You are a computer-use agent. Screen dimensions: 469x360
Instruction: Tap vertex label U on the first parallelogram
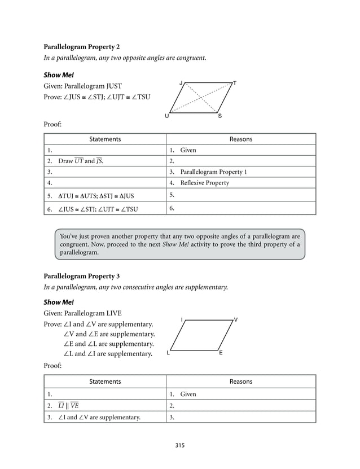[x=166, y=116]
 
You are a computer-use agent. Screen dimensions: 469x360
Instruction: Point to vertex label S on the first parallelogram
[x=219, y=116]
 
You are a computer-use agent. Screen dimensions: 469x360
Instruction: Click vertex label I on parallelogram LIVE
[x=182, y=320]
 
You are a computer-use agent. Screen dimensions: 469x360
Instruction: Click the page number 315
[x=179, y=445]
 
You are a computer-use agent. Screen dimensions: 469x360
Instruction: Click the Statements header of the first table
[x=105, y=139]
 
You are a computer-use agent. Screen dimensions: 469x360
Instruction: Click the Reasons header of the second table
[x=241, y=382]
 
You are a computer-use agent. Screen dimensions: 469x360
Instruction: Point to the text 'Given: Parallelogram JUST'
[x=82, y=86]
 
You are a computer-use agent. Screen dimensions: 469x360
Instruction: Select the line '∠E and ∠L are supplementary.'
[x=108, y=344]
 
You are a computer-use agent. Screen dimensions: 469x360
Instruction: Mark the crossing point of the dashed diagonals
[x=201, y=97]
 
